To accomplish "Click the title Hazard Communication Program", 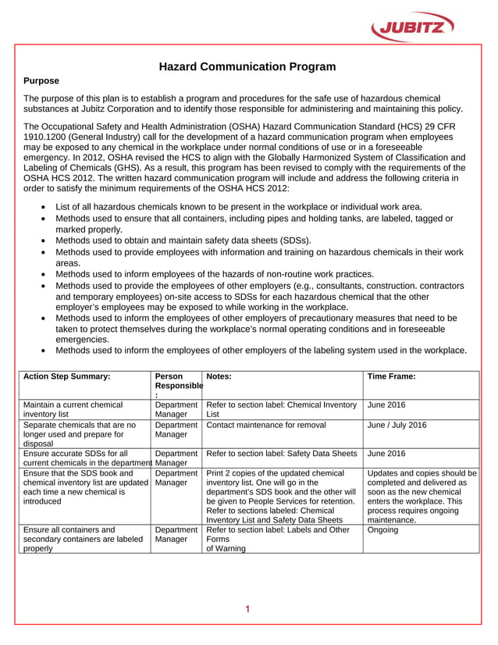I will (x=247, y=66).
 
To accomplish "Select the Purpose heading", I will (x=41, y=80).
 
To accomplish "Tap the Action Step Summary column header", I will (x=67, y=376).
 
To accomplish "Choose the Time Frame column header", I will (x=391, y=376).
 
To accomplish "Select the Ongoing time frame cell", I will (x=382, y=529).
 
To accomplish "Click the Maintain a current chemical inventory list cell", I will (x=73, y=410).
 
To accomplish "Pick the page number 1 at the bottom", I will (x=247, y=609).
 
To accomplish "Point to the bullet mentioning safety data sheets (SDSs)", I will (x=183, y=241).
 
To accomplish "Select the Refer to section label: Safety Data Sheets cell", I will (x=282, y=453).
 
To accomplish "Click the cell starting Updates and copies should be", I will (x=421, y=496).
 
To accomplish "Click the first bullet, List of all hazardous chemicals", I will (x=239, y=207).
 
